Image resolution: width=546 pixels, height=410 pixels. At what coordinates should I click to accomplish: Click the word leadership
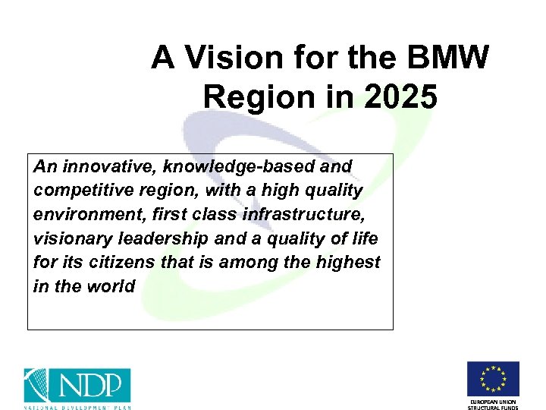[x=164, y=238]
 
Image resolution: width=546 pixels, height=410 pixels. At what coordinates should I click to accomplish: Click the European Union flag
[x=493, y=379]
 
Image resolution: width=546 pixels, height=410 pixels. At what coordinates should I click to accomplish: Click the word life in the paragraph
[x=362, y=238]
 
